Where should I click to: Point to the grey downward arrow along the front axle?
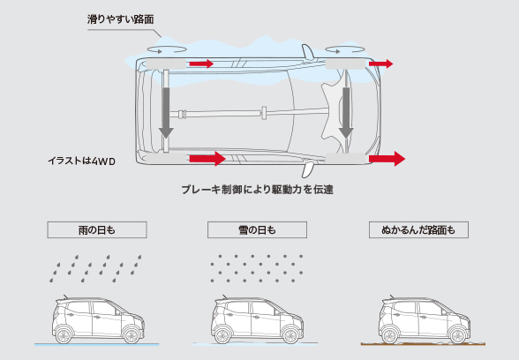tap(347, 111)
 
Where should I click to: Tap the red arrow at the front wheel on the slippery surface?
tap(381, 64)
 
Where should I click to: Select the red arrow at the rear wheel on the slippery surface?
tap(200, 64)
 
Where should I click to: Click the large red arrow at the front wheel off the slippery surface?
tap(387, 159)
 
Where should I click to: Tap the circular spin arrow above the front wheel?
tap(343, 50)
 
